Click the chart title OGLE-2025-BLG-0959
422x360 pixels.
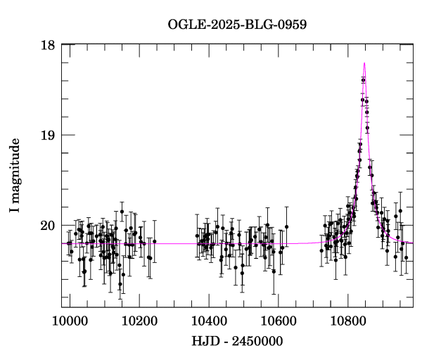237,24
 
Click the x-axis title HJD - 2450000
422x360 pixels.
237,342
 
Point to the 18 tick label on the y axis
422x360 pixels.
49,45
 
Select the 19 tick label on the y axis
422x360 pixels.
49,135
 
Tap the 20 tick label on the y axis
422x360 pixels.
49,225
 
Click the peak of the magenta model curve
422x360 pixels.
364,63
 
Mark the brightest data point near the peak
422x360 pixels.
363,80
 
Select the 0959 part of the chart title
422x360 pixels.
291,24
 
